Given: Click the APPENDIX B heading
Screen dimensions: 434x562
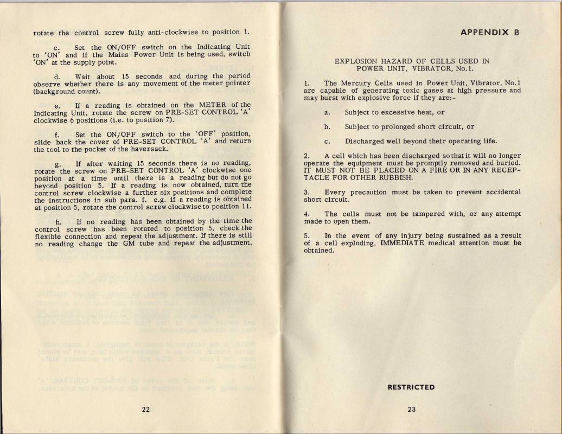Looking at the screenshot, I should pos(490,32).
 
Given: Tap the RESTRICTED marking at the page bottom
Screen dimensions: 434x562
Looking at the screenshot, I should pos(411,387).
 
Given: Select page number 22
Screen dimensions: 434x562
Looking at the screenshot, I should pos(146,410).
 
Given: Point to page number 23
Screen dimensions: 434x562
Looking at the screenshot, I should pos(411,410).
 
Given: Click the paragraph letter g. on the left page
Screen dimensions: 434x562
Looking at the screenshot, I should pos(58,164).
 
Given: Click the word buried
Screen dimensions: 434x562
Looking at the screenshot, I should pos(508,162).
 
